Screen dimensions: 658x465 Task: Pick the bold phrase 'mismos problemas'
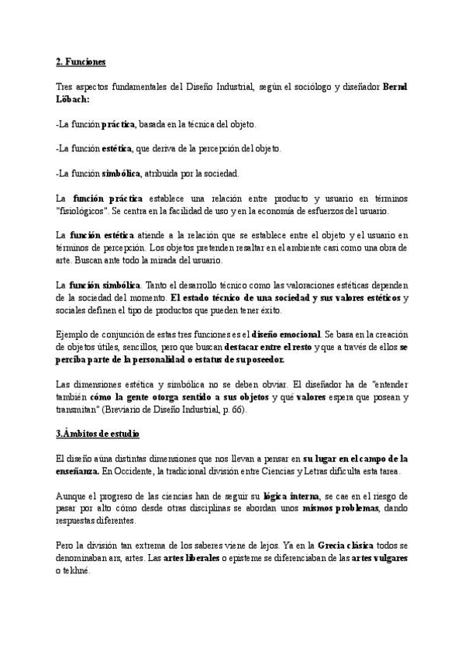340,507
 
